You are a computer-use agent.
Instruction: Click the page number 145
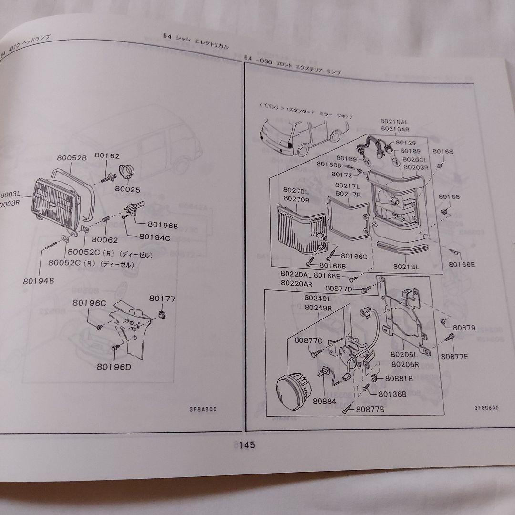point(247,445)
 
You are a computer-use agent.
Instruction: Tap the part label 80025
point(127,189)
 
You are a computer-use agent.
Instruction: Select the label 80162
point(107,155)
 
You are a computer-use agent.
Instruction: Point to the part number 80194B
point(38,281)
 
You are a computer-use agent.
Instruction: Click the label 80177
point(162,299)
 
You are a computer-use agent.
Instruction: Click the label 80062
point(104,240)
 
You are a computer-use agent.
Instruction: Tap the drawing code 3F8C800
point(486,408)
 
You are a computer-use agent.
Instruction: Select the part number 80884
point(325,401)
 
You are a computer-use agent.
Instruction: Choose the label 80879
point(464,328)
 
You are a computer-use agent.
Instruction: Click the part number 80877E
point(454,356)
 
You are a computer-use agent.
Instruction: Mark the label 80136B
point(392,394)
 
